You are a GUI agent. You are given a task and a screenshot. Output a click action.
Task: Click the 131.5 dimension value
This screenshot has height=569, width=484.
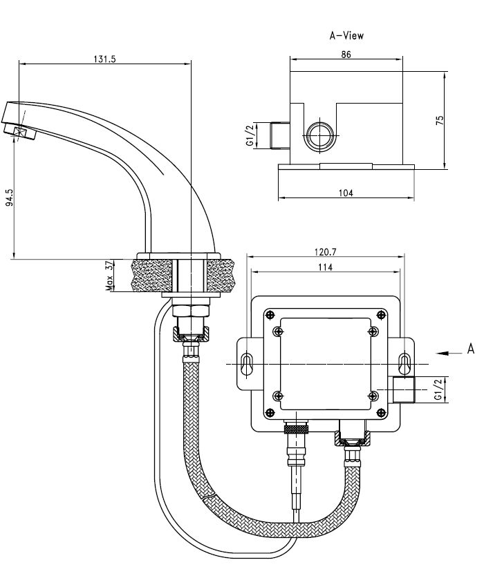[x=104, y=59]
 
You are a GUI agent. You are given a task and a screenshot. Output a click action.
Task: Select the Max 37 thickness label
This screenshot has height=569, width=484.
[x=109, y=276]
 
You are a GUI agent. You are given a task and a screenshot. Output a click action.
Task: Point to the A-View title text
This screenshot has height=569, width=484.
[x=346, y=36]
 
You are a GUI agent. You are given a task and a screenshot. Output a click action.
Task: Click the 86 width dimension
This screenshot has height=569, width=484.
[x=346, y=55]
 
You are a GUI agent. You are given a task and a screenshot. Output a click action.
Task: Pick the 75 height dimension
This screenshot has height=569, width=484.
[x=440, y=120]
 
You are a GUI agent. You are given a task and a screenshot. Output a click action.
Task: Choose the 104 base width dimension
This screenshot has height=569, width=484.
[x=346, y=193]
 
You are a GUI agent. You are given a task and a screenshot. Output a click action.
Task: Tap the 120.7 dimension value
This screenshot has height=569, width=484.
[x=325, y=251]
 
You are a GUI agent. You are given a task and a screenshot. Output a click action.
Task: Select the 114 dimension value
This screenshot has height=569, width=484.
[x=325, y=267]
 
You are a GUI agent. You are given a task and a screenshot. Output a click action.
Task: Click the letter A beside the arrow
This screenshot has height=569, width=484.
[x=471, y=349]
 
